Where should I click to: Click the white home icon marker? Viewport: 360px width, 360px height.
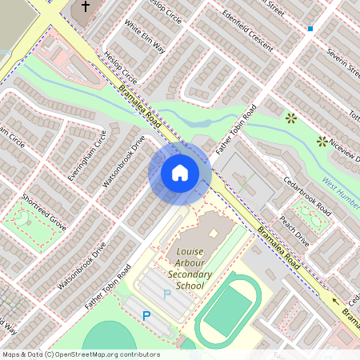[x=180, y=172]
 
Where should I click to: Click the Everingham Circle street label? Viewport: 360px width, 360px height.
[x=87, y=154]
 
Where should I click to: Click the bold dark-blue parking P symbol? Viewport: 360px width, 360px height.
[x=146, y=316]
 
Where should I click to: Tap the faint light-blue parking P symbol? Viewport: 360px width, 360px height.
[x=167, y=294]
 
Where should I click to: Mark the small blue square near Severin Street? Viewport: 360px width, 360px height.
[x=310, y=29]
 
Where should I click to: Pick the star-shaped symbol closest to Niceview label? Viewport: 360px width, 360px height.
[x=322, y=142]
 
